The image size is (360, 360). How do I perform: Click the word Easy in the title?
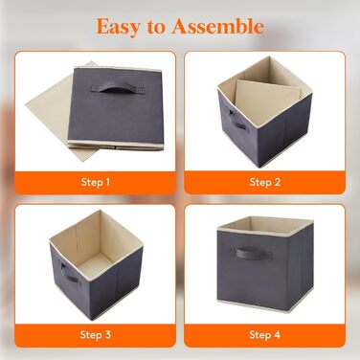tap(118, 27)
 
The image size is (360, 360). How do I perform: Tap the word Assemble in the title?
tap(217, 26)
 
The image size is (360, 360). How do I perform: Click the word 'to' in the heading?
tap(155, 28)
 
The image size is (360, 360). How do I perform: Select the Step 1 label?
tap(96, 182)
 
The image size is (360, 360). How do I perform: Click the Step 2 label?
tap(265, 182)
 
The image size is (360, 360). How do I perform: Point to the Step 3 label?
tap(96, 335)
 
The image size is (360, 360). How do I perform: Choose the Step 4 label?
tap(265, 335)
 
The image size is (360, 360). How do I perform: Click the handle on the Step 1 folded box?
tap(118, 87)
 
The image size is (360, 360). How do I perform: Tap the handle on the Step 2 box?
tap(236, 120)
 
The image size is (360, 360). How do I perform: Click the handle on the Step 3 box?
tap(70, 273)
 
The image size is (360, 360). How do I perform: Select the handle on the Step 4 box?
tap(254, 254)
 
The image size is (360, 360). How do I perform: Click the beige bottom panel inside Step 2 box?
tap(266, 100)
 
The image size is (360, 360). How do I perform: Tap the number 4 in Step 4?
tap(277, 335)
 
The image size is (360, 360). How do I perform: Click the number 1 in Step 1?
tap(107, 182)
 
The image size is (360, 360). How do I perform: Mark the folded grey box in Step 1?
tap(116, 108)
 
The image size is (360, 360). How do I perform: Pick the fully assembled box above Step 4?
tap(265, 264)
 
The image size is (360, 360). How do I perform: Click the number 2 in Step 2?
tap(277, 182)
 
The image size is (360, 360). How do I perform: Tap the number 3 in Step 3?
tap(107, 335)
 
